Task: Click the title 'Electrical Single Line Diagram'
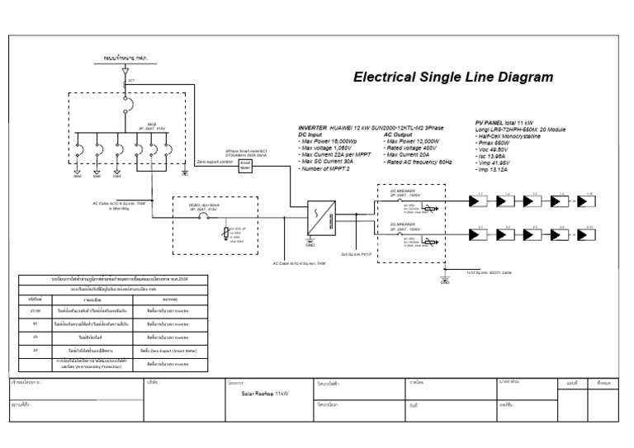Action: point(453,78)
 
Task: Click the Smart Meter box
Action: point(245,165)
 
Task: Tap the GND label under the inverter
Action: point(310,245)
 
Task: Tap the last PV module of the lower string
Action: point(587,233)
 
